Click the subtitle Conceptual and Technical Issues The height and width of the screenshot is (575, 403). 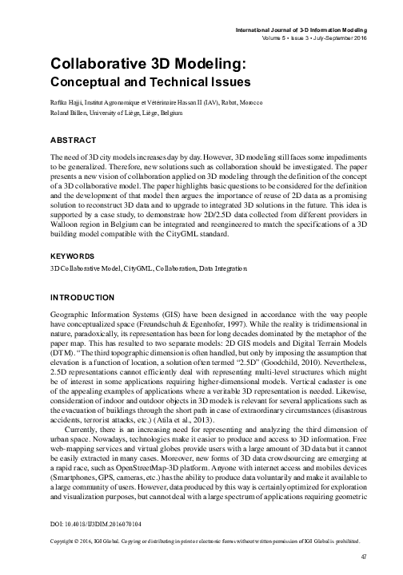[150, 81]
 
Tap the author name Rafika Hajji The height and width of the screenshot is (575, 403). [66, 105]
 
